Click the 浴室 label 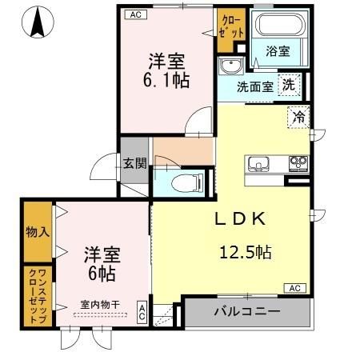tap(278, 51)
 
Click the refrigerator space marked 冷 tap(299, 118)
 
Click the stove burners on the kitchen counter tap(298, 165)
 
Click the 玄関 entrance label tap(134, 165)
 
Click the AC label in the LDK tap(294, 288)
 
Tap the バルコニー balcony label tap(246, 312)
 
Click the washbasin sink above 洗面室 tap(232, 66)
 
